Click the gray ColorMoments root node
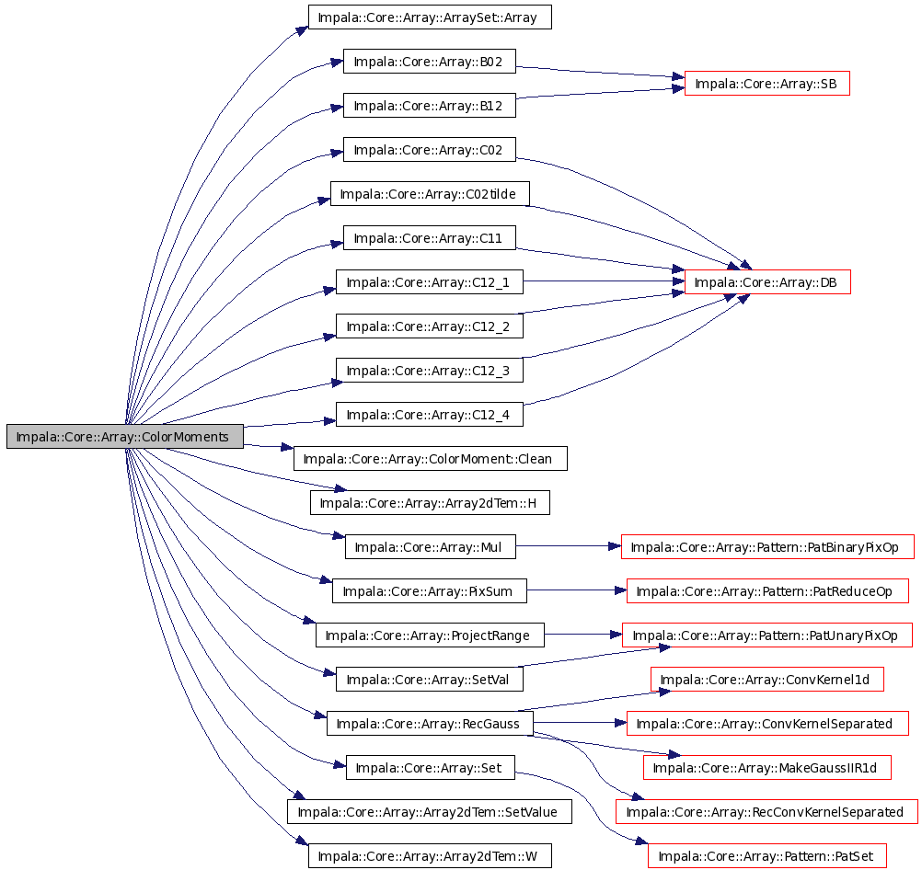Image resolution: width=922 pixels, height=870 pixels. click(124, 436)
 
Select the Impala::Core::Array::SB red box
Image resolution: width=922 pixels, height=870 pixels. click(766, 84)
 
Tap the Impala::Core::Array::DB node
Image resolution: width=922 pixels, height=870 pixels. click(767, 282)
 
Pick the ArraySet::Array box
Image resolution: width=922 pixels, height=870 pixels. click(430, 17)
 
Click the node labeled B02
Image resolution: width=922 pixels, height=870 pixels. click(429, 61)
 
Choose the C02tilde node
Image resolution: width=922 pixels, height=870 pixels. click(430, 194)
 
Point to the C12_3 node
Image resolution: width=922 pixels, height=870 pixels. click(429, 371)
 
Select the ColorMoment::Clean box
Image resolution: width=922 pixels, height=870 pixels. click(431, 459)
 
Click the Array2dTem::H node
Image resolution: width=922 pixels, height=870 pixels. click(430, 503)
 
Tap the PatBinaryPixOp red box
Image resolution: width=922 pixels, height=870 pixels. click(767, 546)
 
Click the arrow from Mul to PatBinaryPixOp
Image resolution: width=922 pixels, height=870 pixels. click(569, 546)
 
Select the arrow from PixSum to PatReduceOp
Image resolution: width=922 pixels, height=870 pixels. click(577, 590)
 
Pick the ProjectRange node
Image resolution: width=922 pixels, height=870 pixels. click(430, 635)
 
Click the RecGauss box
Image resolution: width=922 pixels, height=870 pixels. click(430, 723)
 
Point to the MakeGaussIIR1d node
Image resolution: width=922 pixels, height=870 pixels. click(767, 768)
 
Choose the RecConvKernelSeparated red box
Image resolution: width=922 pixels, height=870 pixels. click(766, 812)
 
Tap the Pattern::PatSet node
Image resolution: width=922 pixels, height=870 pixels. click(766, 856)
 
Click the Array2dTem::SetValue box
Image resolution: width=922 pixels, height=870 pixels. click(429, 812)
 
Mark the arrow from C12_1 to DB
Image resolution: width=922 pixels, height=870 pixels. click(604, 281)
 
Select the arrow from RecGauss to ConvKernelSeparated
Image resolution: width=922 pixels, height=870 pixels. click(581, 723)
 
